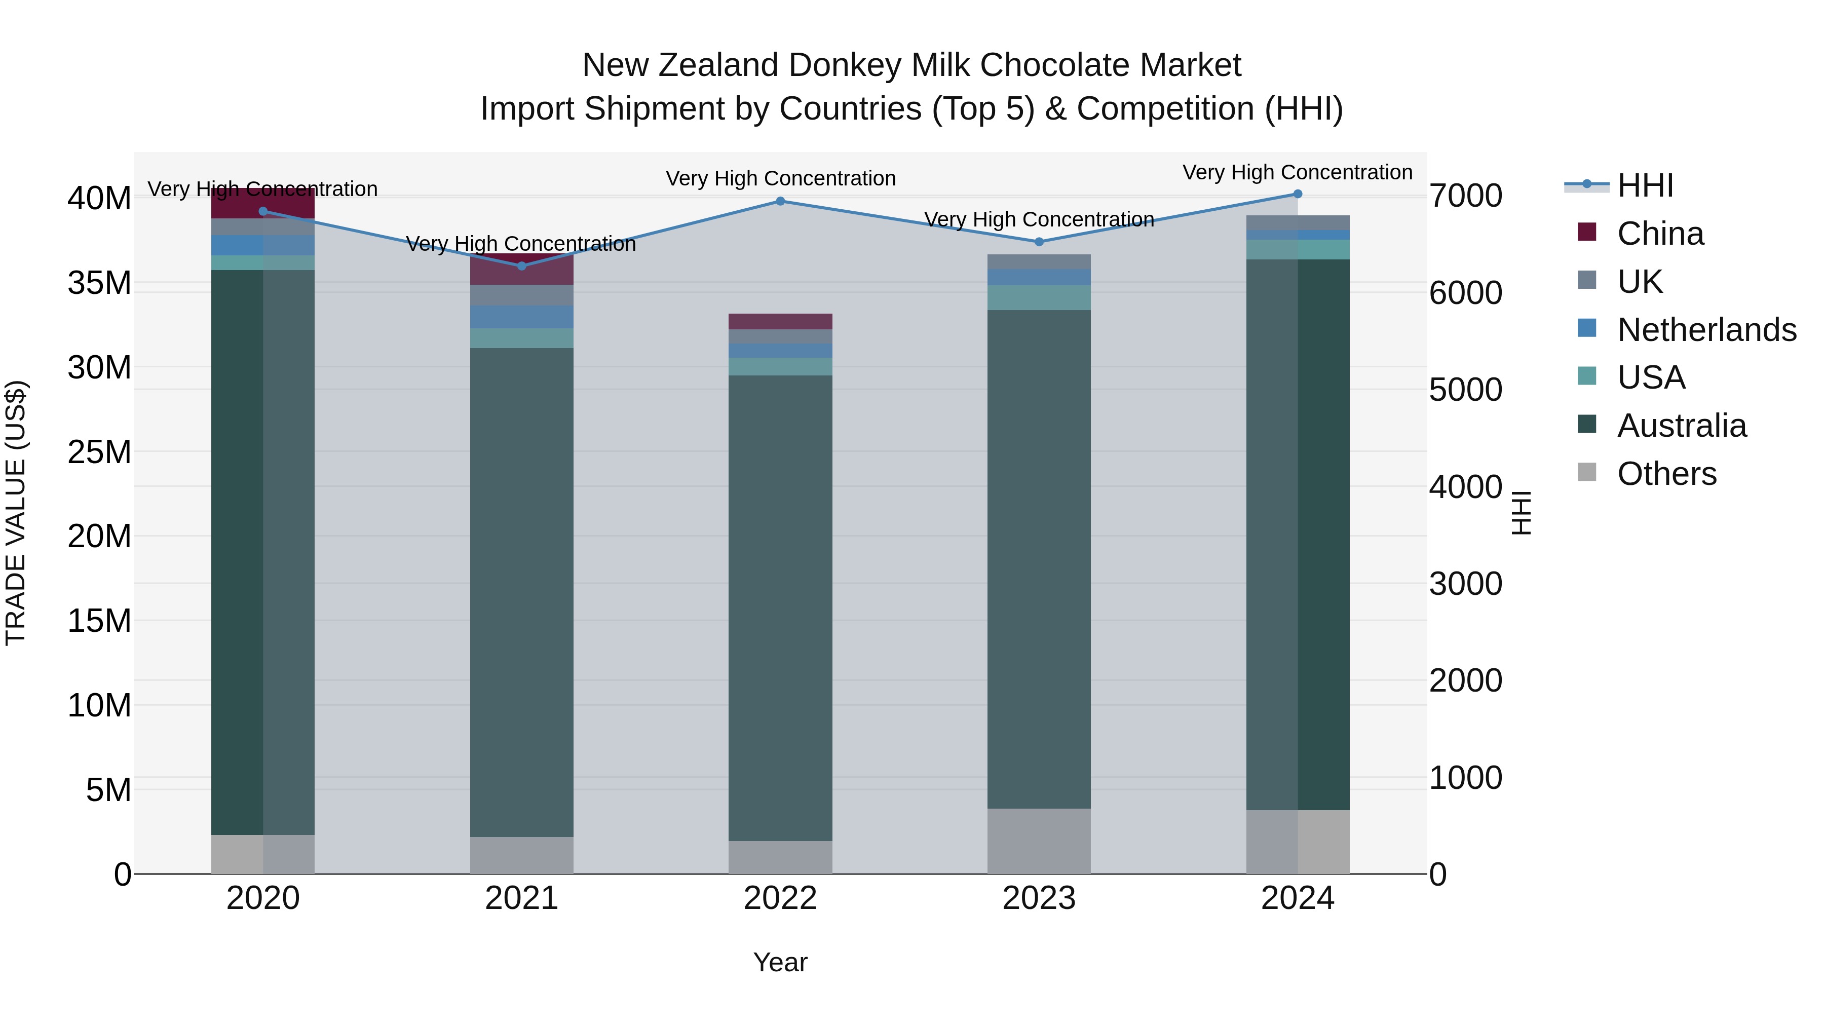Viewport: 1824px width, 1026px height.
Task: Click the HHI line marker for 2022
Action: coord(780,201)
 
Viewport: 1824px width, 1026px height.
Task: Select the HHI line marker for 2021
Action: coord(522,266)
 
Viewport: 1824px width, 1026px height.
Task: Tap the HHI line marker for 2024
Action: coord(1297,194)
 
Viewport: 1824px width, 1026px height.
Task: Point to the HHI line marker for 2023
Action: coord(1039,242)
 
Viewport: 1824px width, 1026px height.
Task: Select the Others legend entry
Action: coord(1666,474)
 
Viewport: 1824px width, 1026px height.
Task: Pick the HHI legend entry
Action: coord(1645,185)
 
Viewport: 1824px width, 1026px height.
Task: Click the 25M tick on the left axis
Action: coord(99,452)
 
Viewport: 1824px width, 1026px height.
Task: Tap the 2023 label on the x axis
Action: coord(1039,898)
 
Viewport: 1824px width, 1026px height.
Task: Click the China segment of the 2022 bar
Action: coord(780,321)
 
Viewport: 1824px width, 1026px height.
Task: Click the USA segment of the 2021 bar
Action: coord(522,338)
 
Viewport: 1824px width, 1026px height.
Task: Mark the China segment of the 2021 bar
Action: coord(522,269)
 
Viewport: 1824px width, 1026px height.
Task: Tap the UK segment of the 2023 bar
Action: coord(1039,261)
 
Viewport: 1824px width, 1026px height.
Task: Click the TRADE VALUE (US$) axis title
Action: coord(16,513)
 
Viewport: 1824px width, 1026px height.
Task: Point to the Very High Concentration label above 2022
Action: coord(780,178)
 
